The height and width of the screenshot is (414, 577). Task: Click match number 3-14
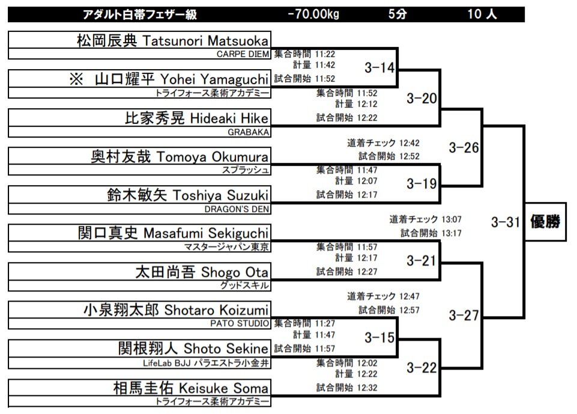(379, 68)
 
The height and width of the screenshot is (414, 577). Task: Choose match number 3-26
(464, 147)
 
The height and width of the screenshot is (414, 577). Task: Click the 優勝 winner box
(545, 222)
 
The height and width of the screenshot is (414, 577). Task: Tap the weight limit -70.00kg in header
(313, 14)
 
